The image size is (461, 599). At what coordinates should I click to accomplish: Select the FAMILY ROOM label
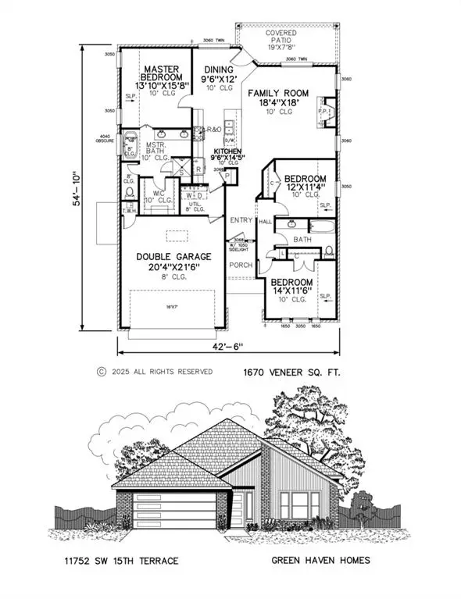(278, 93)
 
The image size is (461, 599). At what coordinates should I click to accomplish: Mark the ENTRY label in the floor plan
(241, 220)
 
